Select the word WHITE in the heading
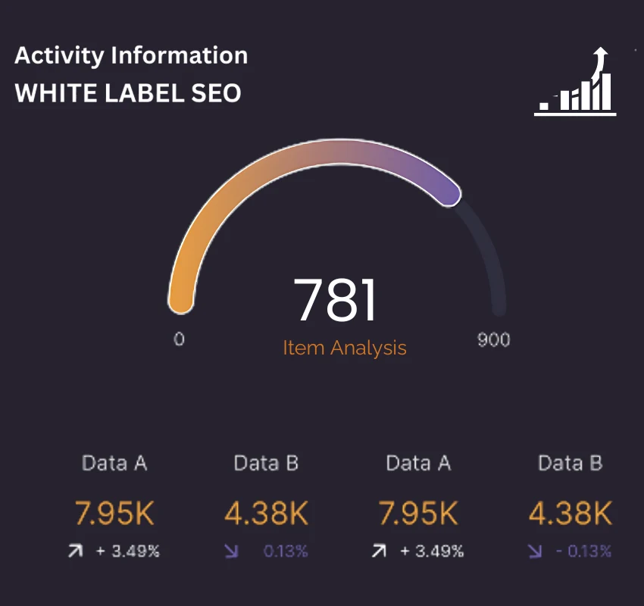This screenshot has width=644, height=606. pyautogui.click(x=52, y=93)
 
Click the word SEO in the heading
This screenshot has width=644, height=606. pyautogui.click(x=216, y=93)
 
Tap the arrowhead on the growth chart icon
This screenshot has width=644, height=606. pyautogui.click(x=602, y=54)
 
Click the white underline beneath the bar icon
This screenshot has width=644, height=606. pyautogui.click(x=575, y=114)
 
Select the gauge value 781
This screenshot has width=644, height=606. pyautogui.click(x=335, y=301)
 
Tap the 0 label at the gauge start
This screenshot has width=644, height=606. pyautogui.click(x=179, y=339)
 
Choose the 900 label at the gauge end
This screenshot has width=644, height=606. pyautogui.click(x=493, y=339)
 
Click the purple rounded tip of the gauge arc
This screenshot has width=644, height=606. pyautogui.click(x=450, y=194)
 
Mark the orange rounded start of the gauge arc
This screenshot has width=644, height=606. pyautogui.click(x=180, y=301)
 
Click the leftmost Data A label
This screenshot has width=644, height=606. pyautogui.click(x=114, y=464)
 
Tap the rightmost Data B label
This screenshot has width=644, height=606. pyautogui.click(x=570, y=464)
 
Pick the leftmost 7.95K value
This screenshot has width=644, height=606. pyautogui.click(x=114, y=514)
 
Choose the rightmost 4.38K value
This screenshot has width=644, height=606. pyautogui.click(x=570, y=514)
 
